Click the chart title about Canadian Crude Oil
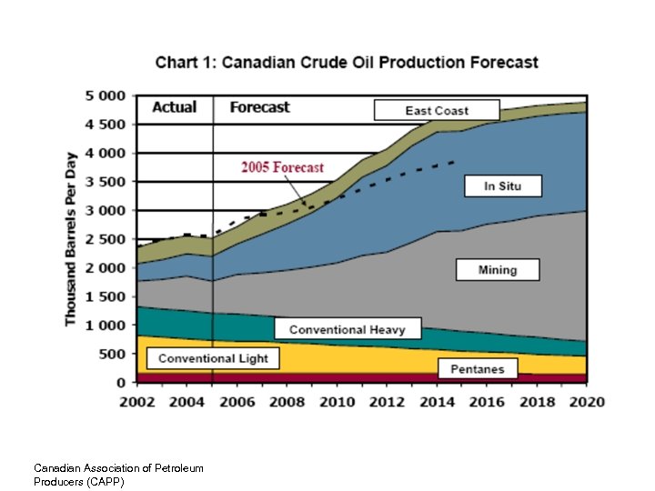point(347,63)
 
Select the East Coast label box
point(437,111)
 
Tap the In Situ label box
point(501,186)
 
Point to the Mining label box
point(497,270)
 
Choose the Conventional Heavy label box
point(354,329)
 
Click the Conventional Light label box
point(213,358)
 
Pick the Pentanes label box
point(477,368)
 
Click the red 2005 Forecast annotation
point(282,167)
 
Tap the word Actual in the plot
point(174,107)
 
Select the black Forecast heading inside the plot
point(259,107)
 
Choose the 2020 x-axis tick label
point(586,402)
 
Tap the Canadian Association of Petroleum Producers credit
point(118,475)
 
